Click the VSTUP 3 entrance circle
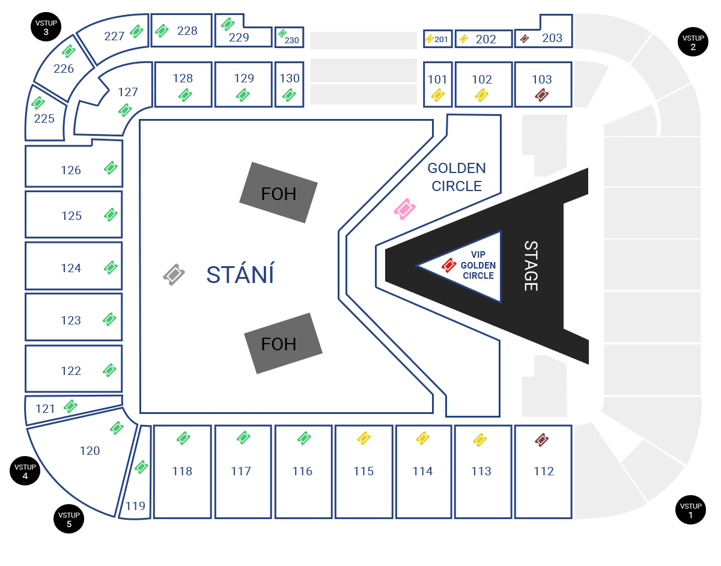(46, 27)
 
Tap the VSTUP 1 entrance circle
(690, 510)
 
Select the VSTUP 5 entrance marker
(68, 519)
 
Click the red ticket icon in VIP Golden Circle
(449, 266)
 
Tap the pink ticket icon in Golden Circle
(404, 209)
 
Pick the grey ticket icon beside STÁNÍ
(174, 275)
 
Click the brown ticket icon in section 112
(541, 440)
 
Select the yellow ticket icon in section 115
(364, 438)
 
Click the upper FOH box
(278, 193)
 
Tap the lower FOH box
(283, 343)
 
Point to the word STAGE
(531, 266)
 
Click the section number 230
(291, 40)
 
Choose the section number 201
(441, 40)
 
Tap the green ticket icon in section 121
(70, 406)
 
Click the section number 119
(135, 507)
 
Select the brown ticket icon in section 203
(525, 39)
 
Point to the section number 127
(128, 92)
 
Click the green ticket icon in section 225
(38, 103)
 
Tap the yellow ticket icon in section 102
(481, 95)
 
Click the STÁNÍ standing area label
(240, 275)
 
